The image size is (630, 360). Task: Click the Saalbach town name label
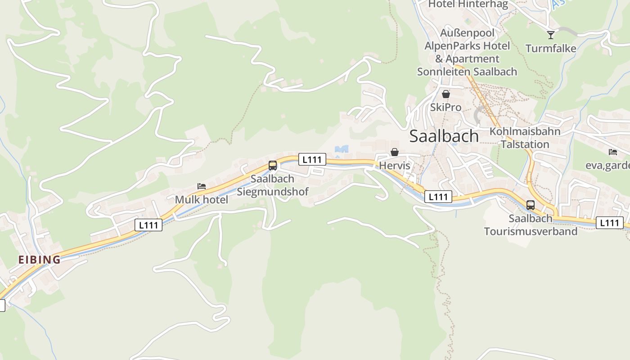click(x=444, y=136)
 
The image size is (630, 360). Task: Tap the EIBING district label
click(x=39, y=260)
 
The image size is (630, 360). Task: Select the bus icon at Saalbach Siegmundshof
click(x=273, y=165)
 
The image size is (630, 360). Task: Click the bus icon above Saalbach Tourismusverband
click(x=531, y=205)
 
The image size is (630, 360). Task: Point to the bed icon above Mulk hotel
click(x=202, y=186)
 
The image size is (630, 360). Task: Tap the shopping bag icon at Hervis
click(x=395, y=152)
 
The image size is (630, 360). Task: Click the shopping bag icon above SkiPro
click(x=446, y=94)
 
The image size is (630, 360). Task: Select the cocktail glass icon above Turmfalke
click(x=551, y=35)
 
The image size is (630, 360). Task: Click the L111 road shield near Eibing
click(x=148, y=225)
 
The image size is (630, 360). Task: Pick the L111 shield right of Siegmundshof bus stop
click(x=312, y=159)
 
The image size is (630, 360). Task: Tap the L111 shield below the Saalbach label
click(x=438, y=197)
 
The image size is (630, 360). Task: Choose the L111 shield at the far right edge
click(x=610, y=222)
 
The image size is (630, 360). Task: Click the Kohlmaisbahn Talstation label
click(x=525, y=138)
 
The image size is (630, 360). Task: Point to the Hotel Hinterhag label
click(x=468, y=4)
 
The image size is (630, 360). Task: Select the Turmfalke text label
click(x=551, y=49)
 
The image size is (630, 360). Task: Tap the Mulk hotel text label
click(x=202, y=199)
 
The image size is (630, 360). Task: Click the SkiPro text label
click(x=445, y=107)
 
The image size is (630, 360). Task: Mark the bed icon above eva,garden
click(x=612, y=152)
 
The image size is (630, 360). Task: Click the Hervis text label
click(x=395, y=166)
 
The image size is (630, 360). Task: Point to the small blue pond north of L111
click(x=342, y=149)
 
